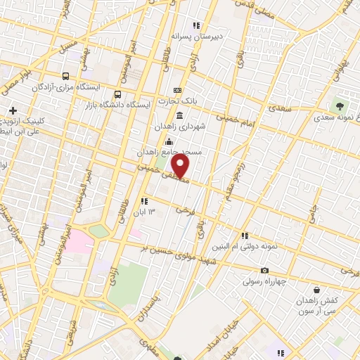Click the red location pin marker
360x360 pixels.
tap(181, 166)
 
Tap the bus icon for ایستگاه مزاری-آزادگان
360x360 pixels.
tap(65, 76)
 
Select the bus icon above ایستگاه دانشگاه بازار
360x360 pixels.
tap(117, 94)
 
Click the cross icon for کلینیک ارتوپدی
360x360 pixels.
tap(13, 110)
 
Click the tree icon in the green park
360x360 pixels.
tap(340, 105)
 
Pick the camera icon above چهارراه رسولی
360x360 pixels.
tap(264, 271)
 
